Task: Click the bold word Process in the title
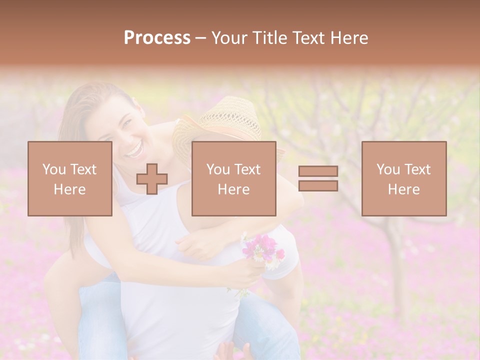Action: pyautogui.click(x=157, y=37)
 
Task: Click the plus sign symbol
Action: pyautogui.click(x=152, y=179)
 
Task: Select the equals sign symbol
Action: pyautogui.click(x=318, y=178)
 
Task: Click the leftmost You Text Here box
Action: pyautogui.click(x=70, y=178)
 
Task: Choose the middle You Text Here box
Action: pyautogui.click(x=233, y=178)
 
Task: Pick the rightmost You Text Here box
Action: pyautogui.click(x=403, y=178)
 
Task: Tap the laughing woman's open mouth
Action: pyautogui.click(x=133, y=148)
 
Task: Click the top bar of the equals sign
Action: pyautogui.click(x=318, y=171)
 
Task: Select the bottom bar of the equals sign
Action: pyautogui.click(x=318, y=185)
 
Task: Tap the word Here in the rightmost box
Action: pyautogui.click(x=403, y=189)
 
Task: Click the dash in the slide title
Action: pyautogui.click(x=200, y=38)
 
